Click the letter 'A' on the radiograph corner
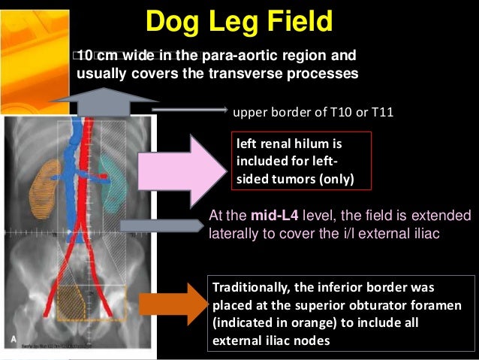(x=13, y=340)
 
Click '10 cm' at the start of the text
(x=97, y=56)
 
